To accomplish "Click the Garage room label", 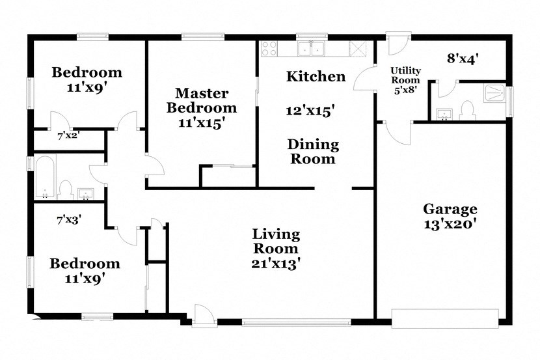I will click(450, 209).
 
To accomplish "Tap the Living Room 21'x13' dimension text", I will click(276, 263).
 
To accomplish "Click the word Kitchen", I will click(316, 77).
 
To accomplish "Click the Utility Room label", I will click(405, 76).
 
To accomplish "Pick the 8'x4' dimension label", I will click(463, 59).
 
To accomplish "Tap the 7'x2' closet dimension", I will click(68, 137).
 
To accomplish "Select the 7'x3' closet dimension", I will click(68, 219).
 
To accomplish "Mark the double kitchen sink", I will click(312, 49).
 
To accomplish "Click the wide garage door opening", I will click(445, 318).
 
